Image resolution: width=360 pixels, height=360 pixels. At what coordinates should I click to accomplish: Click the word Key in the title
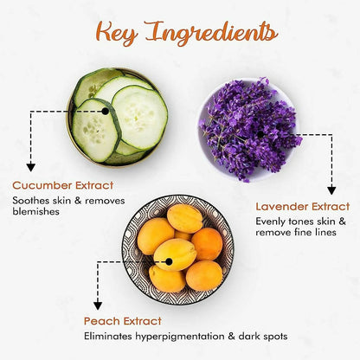117,33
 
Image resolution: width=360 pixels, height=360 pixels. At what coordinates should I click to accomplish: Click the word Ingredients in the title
212,33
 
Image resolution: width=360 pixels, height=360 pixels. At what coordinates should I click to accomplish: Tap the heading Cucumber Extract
63,185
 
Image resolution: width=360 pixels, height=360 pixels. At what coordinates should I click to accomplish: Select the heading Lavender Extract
303,207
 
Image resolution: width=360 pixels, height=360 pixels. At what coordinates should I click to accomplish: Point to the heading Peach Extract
123,321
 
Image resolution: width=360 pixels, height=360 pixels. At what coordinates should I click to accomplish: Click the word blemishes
35,211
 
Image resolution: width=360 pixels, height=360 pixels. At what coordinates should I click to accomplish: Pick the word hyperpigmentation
180,337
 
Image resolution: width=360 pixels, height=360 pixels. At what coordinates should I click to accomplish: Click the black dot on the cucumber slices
106,111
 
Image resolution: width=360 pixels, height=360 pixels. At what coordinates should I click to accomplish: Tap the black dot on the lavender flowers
260,134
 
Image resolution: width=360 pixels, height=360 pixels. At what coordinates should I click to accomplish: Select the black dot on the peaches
169,261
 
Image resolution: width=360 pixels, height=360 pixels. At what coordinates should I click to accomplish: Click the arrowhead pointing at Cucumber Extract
31,167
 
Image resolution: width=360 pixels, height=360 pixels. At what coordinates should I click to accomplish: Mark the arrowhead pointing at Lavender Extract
331,190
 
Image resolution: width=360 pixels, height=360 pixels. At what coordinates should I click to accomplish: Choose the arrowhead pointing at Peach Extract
98,305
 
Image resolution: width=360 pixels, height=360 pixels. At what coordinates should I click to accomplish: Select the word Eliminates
108,336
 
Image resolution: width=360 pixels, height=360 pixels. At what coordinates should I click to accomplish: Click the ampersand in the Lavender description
342,222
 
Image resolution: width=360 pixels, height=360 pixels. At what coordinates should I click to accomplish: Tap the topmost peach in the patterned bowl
185,218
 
